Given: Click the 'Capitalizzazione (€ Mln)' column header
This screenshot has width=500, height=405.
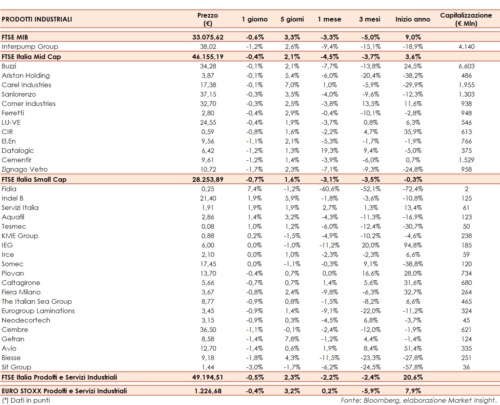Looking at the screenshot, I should pyautogui.click(x=466, y=19).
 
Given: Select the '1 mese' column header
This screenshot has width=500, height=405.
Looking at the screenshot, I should pyautogui.click(x=329, y=19).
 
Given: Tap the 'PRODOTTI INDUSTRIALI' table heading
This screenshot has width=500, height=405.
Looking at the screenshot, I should pyautogui.click(x=37, y=19).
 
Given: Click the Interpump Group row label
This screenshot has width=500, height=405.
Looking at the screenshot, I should pyautogui.click(x=30, y=47).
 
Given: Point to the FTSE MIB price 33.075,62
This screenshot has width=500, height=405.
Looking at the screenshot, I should pyautogui.click(x=208, y=37).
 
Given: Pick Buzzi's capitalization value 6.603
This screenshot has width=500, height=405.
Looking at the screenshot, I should pyautogui.click(x=466, y=66).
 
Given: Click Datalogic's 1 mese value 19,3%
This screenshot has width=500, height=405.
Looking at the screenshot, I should pyautogui.click(x=330, y=151).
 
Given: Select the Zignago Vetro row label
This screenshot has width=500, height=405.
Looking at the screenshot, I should pyautogui.click(x=25, y=169).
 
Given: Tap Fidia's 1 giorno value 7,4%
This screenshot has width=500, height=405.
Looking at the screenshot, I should pyautogui.click(x=255, y=189).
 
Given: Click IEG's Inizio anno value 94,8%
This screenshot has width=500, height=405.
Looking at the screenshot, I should pyautogui.click(x=413, y=245).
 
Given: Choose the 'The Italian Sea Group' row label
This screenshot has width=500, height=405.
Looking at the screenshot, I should pyautogui.click(x=37, y=301).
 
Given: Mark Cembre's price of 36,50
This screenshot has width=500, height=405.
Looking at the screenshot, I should pyautogui.click(x=208, y=330).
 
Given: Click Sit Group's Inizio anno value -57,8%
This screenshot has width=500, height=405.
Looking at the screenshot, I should pyautogui.click(x=413, y=367).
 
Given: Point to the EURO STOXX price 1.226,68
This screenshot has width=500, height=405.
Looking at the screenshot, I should pyautogui.click(x=208, y=391).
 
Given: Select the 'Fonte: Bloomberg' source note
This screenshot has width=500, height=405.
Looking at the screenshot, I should pyautogui.click(x=418, y=400).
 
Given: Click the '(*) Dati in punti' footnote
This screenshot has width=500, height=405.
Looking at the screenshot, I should pyautogui.click(x=26, y=400).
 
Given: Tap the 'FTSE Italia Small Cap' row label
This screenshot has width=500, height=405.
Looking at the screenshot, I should pyautogui.click(x=34, y=179).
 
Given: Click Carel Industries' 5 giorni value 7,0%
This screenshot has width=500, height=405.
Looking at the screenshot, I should pyautogui.click(x=292, y=85).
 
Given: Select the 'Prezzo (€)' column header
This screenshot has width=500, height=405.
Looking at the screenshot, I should pyautogui.click(x=208, y=19).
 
